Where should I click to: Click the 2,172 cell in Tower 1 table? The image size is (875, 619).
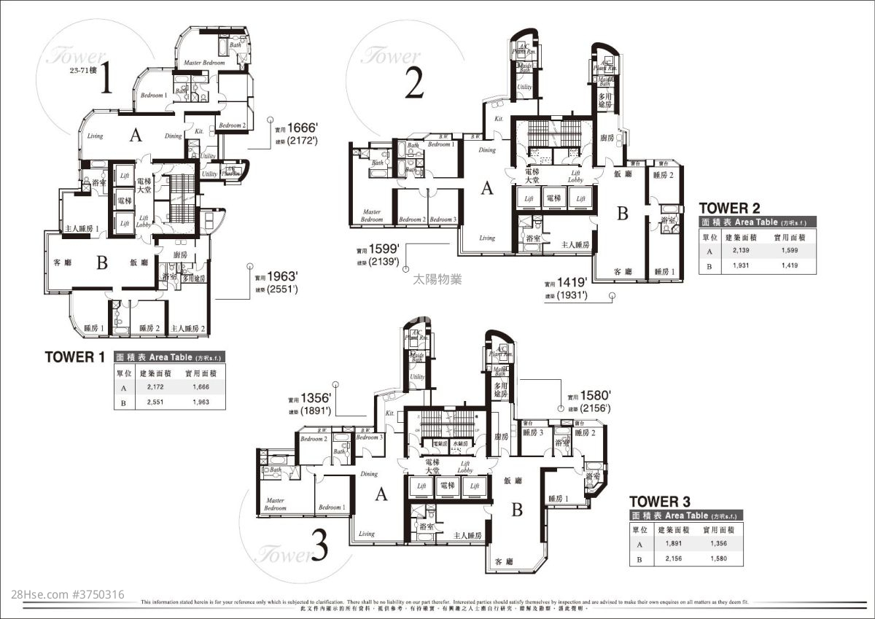[x=154, y=387]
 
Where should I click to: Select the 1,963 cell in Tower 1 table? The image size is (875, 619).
[x=201, y=401]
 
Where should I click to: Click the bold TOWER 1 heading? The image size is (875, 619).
[x=74, y=357]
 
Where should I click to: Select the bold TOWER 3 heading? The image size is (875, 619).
[x=659, y=502]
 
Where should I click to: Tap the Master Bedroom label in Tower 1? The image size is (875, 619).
[x=203, y=63]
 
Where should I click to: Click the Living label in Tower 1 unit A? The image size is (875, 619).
[x=95, y=136]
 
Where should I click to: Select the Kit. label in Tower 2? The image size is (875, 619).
[x=499, y=118]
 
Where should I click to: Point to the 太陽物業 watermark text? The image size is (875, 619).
[x=437, y=279]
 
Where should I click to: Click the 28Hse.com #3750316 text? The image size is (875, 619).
[x=63, y=595]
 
